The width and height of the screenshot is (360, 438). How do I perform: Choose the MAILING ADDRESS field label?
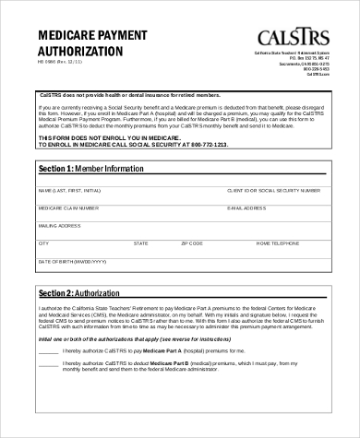click(x=58, y=225)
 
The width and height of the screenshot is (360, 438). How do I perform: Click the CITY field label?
click(x=42, y=243)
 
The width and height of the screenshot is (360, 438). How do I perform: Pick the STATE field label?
click(x=140, y=243)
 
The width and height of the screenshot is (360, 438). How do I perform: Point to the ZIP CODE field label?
click(x=191, y=243)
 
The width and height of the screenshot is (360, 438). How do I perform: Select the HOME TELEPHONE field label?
click(x=277, y=243)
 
